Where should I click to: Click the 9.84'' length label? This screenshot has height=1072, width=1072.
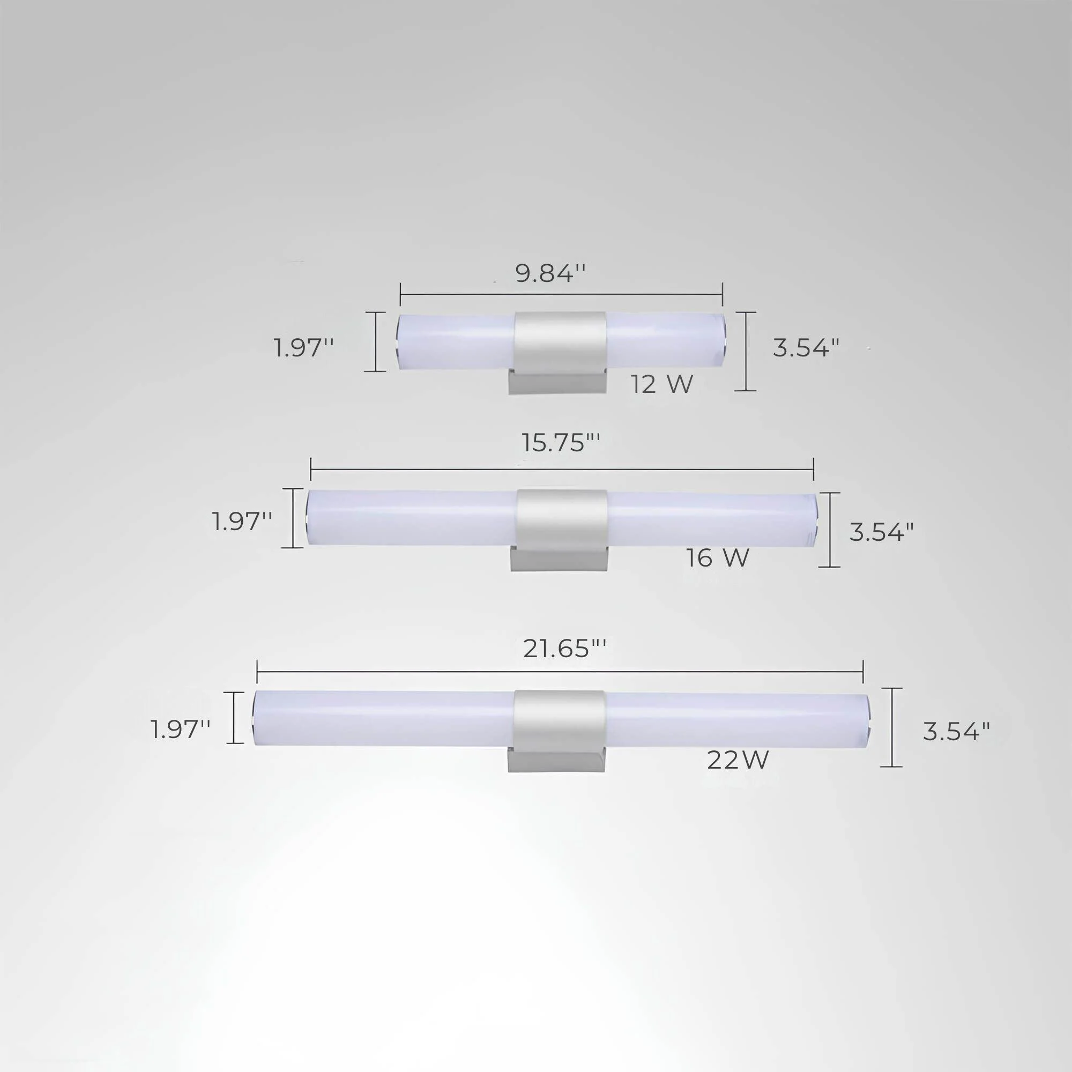(550, 273)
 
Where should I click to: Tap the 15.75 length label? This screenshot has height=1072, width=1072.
(561, 443)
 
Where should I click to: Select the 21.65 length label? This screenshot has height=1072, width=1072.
(565, 648)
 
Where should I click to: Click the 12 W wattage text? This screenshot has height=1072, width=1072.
(662, 384)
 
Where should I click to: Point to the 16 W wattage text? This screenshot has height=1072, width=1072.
(718, 557)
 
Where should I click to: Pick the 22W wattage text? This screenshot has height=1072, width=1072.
(738, 761)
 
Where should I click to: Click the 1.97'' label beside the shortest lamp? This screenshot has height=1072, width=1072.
(303, 348)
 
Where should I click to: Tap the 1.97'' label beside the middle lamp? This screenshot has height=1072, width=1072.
(242, 522)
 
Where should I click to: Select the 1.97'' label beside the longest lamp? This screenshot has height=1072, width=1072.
(181, 729)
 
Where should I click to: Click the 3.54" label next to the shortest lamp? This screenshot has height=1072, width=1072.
(806, 348)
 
